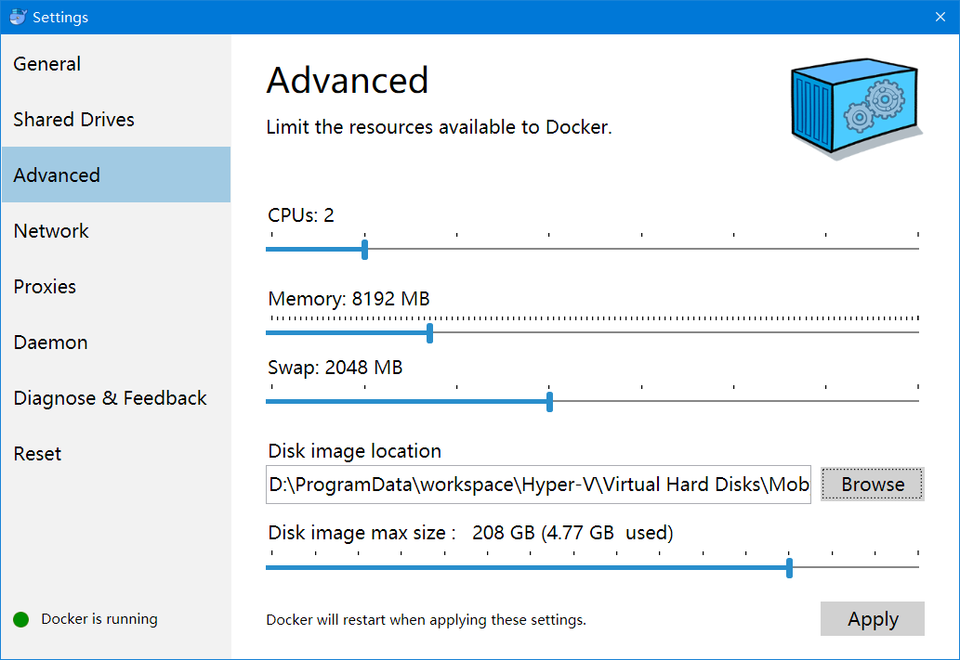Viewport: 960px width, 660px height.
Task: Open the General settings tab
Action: tap(47, 64)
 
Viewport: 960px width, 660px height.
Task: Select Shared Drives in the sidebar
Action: tap(74, 119)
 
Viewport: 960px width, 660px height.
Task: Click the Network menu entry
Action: tap(51, 230)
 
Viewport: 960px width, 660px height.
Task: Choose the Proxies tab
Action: tap(45, 286)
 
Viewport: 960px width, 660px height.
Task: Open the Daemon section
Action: tap(51, 342)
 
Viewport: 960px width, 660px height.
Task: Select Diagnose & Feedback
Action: tap(111, 397)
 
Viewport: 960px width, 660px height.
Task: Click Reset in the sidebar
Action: tap(37, 453)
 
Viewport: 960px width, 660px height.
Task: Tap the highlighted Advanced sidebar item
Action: tap(116, 175)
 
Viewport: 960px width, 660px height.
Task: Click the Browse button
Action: tap(873, 484)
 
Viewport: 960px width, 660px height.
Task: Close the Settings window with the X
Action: tap(940, 17)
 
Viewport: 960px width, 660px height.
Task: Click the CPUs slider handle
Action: tap(365, 250)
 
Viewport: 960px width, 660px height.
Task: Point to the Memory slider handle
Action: tap(429, 333)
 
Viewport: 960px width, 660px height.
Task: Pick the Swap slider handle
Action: tap(550, 402)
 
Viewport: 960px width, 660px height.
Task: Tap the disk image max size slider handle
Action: tap(789, 567)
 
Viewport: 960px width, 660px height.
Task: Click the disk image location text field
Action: tap(538, 485)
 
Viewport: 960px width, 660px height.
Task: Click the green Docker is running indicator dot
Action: tap(20, 620)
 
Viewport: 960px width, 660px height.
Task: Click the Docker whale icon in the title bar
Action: tap(18, 17)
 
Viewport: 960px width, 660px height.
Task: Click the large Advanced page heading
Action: tap(348, 80)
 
